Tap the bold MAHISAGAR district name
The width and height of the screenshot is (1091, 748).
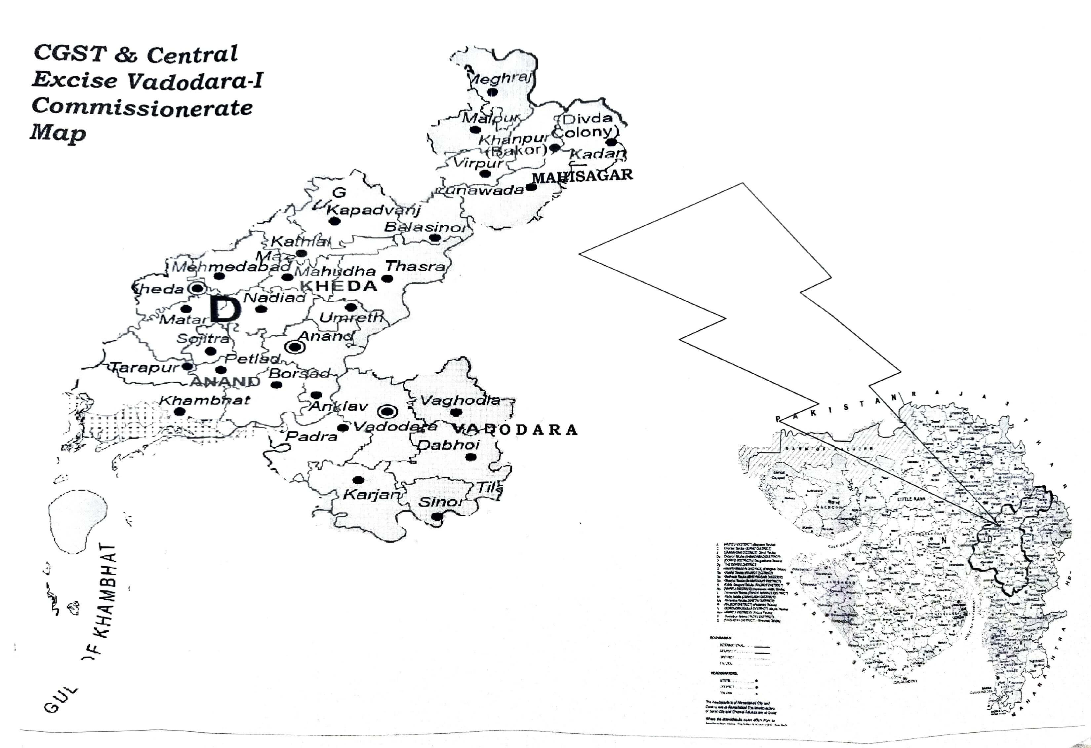pyautogui.click(x=582, y=176)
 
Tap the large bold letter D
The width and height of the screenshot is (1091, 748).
pyautogui.click(x=225, y=309)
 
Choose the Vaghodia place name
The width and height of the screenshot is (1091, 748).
pyautogui.click(x=460, y=401)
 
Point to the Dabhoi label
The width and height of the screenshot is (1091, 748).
pyautogui.click(x=449, y=445)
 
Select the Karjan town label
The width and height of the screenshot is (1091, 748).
pyautogui.click(x=371, y=494)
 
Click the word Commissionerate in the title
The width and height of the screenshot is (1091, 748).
pyautogui.click(x=142, y=107)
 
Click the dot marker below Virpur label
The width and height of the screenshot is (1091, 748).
pyautogui.click(x=485, y=174)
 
